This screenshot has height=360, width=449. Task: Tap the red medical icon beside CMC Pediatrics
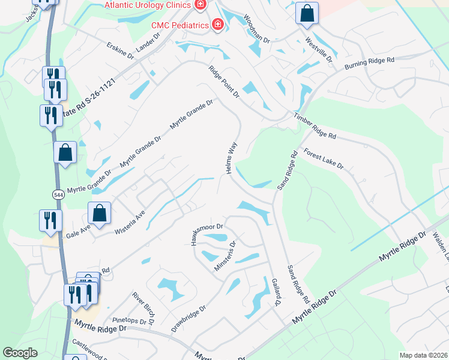tap(218, 25)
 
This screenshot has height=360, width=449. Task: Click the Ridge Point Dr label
tap(224, 82)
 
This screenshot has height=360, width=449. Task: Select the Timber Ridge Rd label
tap(315, 127)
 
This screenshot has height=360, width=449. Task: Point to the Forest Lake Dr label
tap(323, 158)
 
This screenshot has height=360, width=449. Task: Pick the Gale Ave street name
tap(78, 232)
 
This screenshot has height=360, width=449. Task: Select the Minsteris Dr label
tap(226, 256)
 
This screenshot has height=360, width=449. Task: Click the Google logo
tap(20, 353)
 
